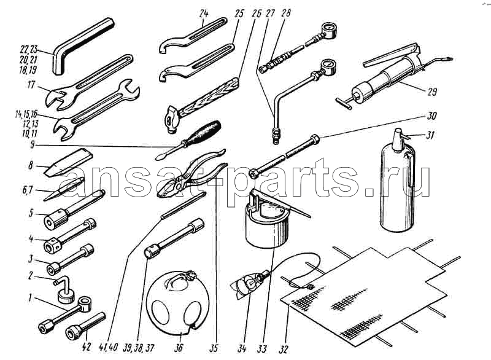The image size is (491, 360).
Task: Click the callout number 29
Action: [432, 92]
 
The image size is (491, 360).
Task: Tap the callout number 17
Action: [31, 85]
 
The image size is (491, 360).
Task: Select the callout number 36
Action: [178, 348]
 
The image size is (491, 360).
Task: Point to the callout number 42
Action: [87, 347]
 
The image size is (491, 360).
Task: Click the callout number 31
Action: [431, 135]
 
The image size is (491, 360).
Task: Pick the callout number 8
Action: [30, 165]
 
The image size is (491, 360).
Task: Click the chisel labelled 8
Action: [69, 162]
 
